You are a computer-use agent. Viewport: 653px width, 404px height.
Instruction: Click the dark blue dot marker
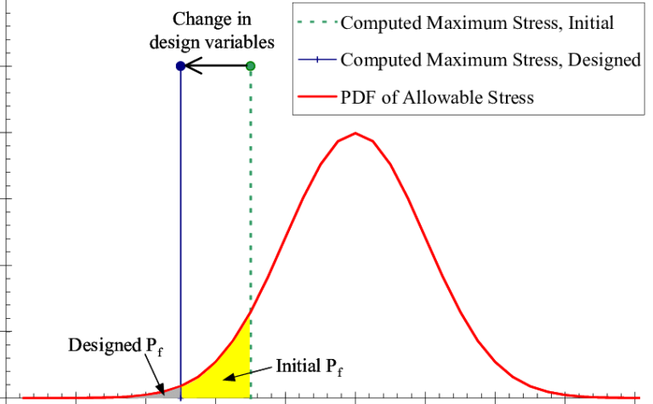coord(180,65)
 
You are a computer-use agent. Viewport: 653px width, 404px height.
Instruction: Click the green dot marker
coord(250,65)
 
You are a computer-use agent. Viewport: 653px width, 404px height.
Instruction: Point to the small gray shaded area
coord(171,392)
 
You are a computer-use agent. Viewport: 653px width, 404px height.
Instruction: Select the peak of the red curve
coord(355,134)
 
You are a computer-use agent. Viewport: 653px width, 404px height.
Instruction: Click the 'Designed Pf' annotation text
coord(116,346)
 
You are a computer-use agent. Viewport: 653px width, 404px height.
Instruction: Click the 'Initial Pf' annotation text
coord(309,367)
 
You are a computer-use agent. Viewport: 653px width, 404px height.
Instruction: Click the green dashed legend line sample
coord(317,22)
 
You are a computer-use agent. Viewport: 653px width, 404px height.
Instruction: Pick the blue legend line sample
coord(317,60)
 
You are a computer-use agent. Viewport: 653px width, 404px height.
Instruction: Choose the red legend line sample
coord(317,97)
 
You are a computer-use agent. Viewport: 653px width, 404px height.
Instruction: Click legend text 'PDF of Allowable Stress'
coord(437,98)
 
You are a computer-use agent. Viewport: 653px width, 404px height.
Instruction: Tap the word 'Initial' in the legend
coord(591,22)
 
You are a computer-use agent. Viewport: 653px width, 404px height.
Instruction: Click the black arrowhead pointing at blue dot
coord(192,65)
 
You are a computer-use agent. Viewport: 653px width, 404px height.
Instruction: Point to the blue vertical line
coord(180,232)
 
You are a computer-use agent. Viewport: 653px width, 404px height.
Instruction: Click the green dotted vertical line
coord(250,232)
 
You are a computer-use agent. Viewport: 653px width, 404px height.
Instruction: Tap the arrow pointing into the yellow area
coord(247,373)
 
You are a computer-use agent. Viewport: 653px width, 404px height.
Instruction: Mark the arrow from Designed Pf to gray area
coord(155,374)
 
